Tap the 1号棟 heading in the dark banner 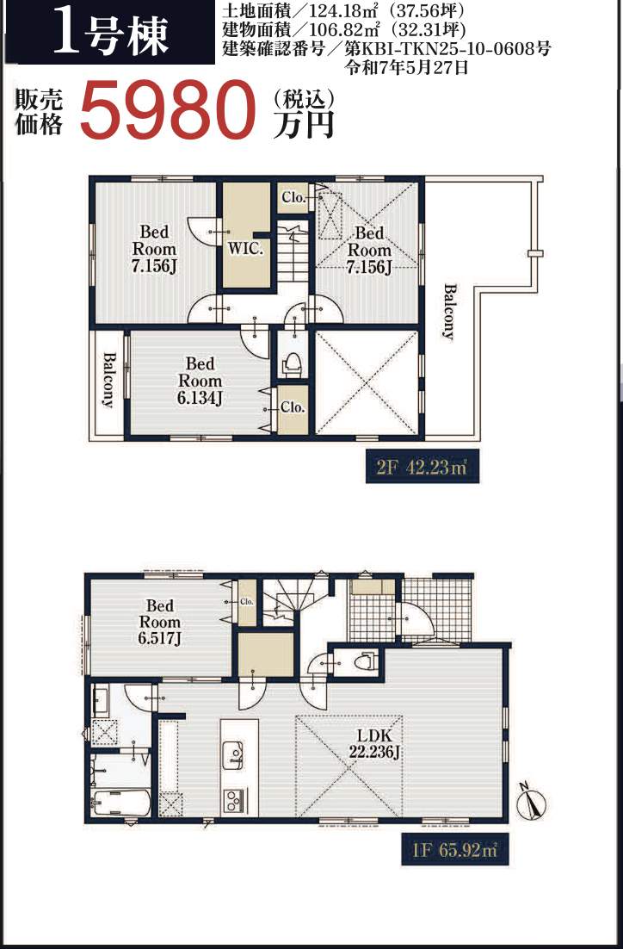(111, 34)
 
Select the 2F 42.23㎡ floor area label (422, 467)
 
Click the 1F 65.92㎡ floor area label (454, 850)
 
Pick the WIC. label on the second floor (245, 249)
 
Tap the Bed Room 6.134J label (200, 381)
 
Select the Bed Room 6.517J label (160, 622)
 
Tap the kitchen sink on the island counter (233, 755)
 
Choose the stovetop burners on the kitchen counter (233, 802)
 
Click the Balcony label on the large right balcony (447, 312)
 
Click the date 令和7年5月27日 (406, 67)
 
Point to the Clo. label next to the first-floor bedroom (247, 602)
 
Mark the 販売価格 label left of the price (39, 113)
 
